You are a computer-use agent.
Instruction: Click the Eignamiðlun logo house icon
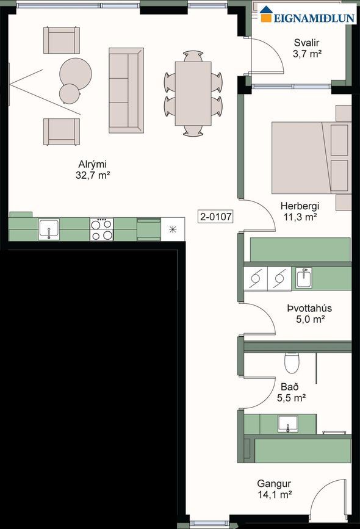click(266, 14)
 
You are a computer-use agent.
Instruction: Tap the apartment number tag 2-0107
click(216, 216)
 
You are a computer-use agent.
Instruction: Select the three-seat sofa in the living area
click(126, 90)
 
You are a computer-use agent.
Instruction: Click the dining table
click(193, 93)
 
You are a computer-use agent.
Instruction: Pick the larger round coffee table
click(76, 74)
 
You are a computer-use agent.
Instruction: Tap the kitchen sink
click(49, 229)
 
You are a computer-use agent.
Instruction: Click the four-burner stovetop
click(101, 229)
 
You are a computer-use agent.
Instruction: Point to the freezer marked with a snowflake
click(173, 229)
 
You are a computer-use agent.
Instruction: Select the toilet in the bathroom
click(292, 362)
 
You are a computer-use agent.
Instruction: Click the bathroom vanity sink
click(288, 423)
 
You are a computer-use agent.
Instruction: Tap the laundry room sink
click(304, 278)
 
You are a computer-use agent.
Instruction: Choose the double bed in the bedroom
click(311, 158)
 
